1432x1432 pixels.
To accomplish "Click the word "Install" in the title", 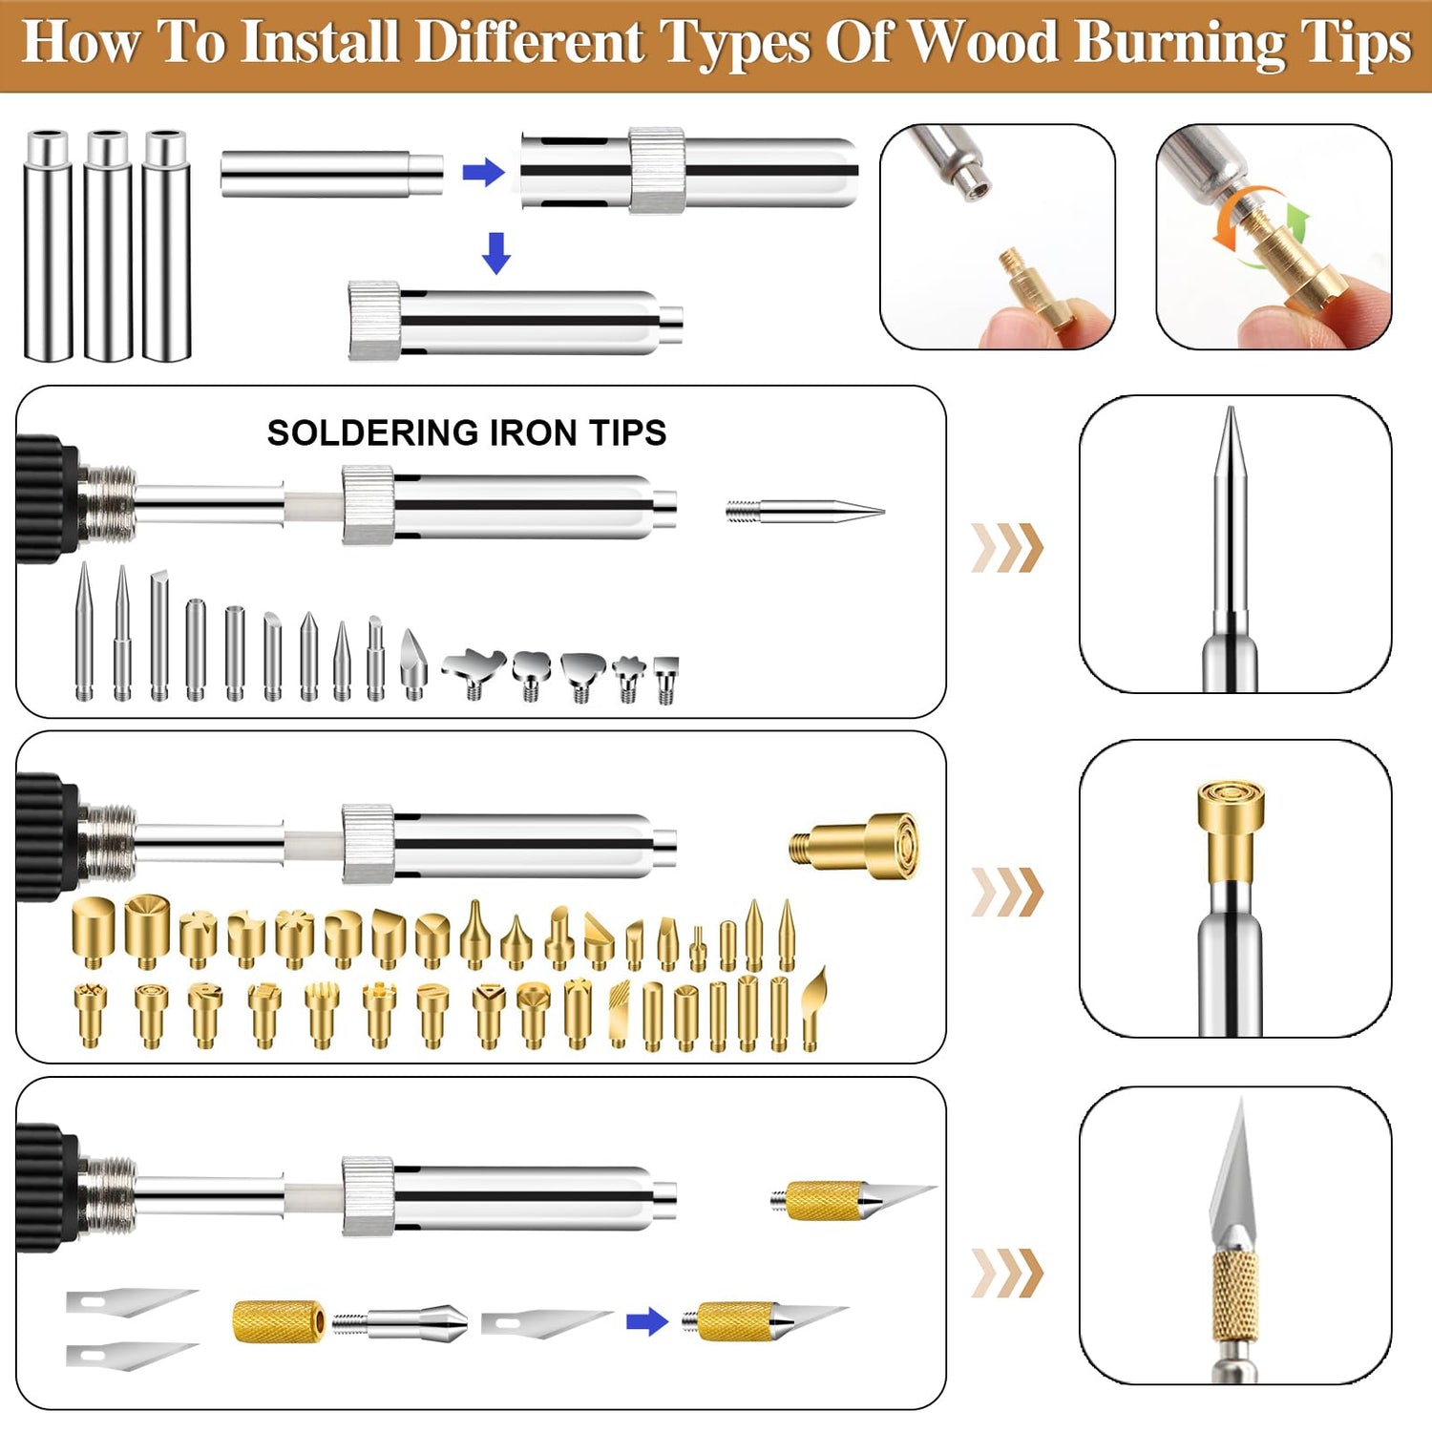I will click(x=320, y=43).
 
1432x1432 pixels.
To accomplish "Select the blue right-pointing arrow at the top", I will click(x=483, y=173).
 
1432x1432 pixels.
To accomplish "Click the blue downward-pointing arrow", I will click(x=496, y=253).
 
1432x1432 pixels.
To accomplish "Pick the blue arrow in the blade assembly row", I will click(x=647, y=1322).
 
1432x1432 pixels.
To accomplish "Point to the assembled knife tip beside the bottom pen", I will click(x=850, y=1199).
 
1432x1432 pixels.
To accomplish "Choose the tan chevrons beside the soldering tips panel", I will click(x=1007, y=548).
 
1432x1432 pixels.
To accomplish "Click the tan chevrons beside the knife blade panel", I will click(x=1007, y=1273).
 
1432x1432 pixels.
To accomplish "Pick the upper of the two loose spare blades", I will click(x=131, y=1300).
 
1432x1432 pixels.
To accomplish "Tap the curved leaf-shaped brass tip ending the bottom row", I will click(x=813, y=1007).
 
